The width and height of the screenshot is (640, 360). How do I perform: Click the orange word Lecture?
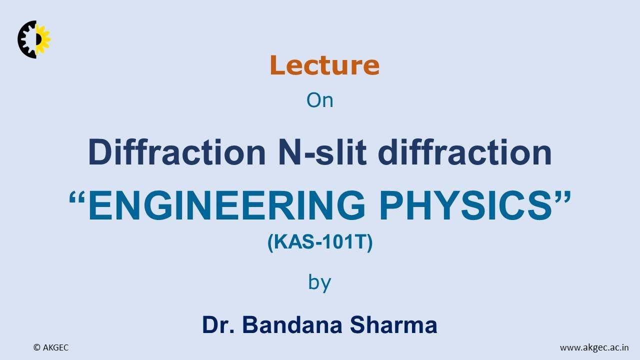[x=324, y=65]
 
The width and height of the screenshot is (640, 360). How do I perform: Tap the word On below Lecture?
[x=319, y=100]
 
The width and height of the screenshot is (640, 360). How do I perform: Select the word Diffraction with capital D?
[x=176, y=152]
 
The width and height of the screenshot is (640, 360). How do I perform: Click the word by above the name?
[x=319, y=283]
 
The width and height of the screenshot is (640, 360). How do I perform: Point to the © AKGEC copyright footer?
[x=51, y=347]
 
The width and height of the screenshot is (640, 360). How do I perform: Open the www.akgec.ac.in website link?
[x=594, y=347]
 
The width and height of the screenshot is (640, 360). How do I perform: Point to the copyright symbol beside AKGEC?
[x=36, y=347]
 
